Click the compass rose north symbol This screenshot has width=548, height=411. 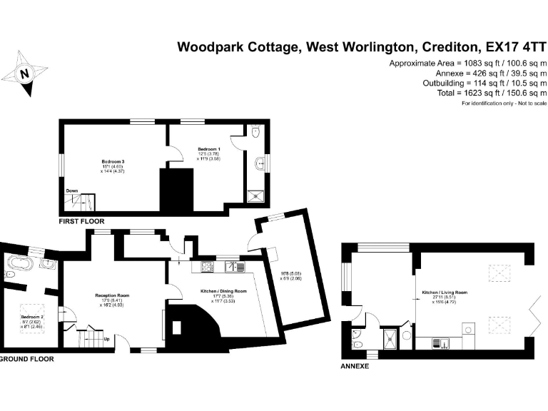25,72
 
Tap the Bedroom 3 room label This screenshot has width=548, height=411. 113,161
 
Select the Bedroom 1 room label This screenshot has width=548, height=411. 209,148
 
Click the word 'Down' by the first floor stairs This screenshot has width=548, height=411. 72,191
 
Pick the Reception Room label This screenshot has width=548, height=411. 112,295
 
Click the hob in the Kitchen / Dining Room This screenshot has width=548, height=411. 207,268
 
